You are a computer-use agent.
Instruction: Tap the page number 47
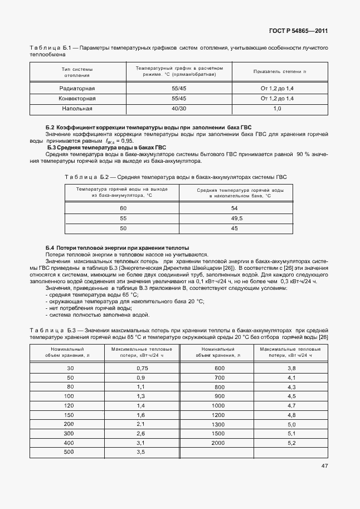click(x=324, y=466)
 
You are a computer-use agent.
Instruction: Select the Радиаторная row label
click(x=77, y=88)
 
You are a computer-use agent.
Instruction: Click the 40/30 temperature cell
click(x=179, y=108)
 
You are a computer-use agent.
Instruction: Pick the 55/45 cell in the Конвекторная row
click(x=179, y=98)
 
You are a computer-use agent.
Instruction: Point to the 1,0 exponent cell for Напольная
click(x=276, y=108)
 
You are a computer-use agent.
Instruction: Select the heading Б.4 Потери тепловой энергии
click(x=117, y=247)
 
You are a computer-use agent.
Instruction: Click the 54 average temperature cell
click(x=235, y=208)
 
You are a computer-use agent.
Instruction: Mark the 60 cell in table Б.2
click(x=123, y=208)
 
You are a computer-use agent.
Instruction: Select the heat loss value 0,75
click(x=142, y=369)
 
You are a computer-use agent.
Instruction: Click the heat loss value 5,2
click(x=291, y=443)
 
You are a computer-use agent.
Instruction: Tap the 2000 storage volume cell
click(x=218, y=443)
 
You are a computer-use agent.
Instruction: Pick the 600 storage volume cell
click(x=218, y=369)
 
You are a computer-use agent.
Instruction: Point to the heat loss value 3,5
click(x=140, y=452)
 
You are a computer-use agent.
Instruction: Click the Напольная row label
click(x=77, y=108)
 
